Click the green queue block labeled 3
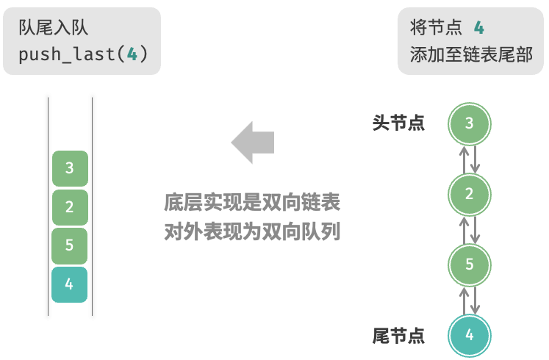pyautogui.click(x=70, y=168)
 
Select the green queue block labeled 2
pyautogui.click(x=70, y=207)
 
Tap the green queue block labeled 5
pyautogui.click(x=69, y=245)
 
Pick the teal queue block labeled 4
pyautogui.click(x=69, y=284)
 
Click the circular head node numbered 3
pyautogui.click(x=469, y=123)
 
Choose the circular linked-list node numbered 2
pyautogui.click(x=469, y=194)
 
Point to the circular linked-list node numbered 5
pyautogui.click(x=469, y=264)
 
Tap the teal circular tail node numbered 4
pyautogui.click(x=469, y=335)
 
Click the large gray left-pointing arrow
pyautogui.click(x=252, y=143)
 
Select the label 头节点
pyautogui.click(x=398, y=123)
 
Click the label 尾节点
pyautogui.click(x=398, y=336)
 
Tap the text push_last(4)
pyautogui.click(x=83, y=54)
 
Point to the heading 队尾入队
pyautogui.click(x=53, y=27)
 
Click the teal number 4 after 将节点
pyautogui.click(x=479, y=27)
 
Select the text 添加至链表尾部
pyautogui.click(x=471, y=54)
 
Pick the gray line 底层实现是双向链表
pyautogui.click(x=252, y=202)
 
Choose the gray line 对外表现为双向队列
pyautogui.click(x=252, y=231)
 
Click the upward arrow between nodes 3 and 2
pyautogui.click(x=464, y=159)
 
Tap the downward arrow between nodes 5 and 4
pyautogui.click(x=475, y=300)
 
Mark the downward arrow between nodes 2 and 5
pyautogui.click(x=475, y=229)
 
